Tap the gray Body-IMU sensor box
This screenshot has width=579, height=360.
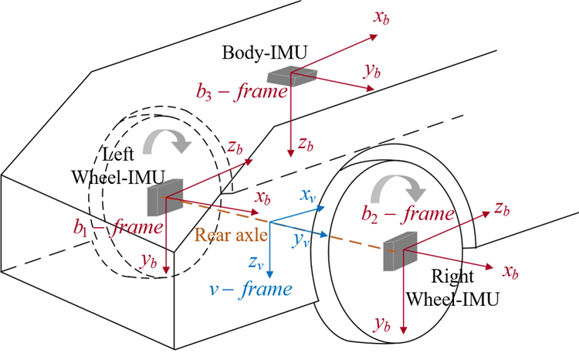(x=292, y=75)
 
